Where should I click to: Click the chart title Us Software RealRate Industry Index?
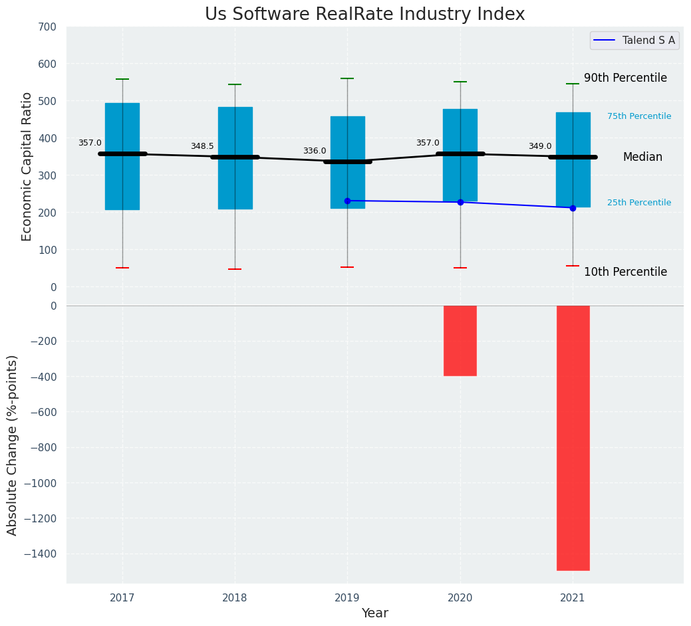(x=364, y=15)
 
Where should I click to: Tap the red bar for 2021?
(x=573, y=437)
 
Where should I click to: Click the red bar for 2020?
(x=460, y=340)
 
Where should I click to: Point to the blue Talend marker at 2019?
(x=347, y=201)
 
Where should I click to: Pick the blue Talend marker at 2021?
(x=573, y=208)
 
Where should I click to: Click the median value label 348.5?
(x=202, y=146)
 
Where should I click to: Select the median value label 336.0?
(x=315, y=151)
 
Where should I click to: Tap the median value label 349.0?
(x=540, y=146)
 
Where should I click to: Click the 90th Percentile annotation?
(x=625, y=78)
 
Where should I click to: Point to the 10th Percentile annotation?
(x=625, y=272)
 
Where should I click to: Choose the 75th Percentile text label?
(x=639, y=116)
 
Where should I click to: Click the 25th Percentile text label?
(x=639, y=203)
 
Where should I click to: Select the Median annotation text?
(x=642, y=157)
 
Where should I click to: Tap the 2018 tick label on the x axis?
(x=235, y=598)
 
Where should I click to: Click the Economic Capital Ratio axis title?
(x=27, y=166)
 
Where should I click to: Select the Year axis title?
(x=374, y=613)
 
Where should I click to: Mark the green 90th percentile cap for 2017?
(x=122, y=79)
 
